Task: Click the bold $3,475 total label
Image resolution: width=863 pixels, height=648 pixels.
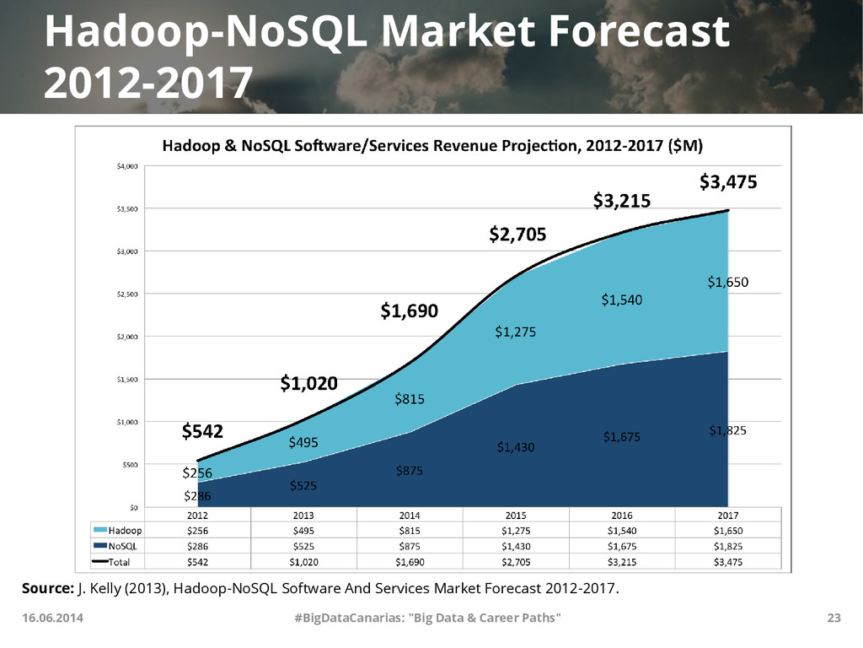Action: (x=728, y=181)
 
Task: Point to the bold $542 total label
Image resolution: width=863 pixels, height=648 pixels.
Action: (x=202, y=432)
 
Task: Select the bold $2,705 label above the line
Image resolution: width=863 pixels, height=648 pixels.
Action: (x=517, y=234)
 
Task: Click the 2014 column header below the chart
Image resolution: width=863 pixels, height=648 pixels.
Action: (x=409, y=515)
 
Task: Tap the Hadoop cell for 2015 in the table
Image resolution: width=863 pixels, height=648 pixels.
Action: (x=516, y=531)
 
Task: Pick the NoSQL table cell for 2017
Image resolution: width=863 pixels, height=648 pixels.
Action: (x=728, y=546)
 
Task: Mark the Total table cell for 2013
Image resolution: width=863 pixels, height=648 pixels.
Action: (x=303, y=562)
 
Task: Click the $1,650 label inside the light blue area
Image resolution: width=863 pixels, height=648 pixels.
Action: (x=727, y=282)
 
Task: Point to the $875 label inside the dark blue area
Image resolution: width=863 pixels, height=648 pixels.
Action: (x=410, y=471)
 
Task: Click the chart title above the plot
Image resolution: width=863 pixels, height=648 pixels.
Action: (x=431, y=145)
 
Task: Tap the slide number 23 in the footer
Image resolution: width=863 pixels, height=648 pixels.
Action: (x=834, y=618)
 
